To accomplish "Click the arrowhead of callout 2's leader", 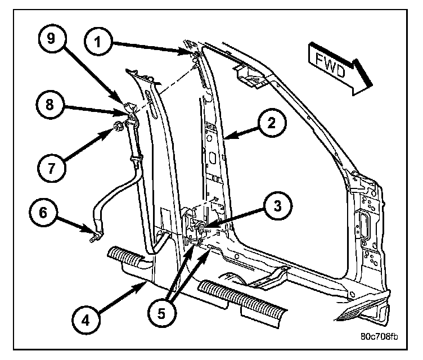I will coord(226,136).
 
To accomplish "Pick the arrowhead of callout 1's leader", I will coord(190,53).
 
